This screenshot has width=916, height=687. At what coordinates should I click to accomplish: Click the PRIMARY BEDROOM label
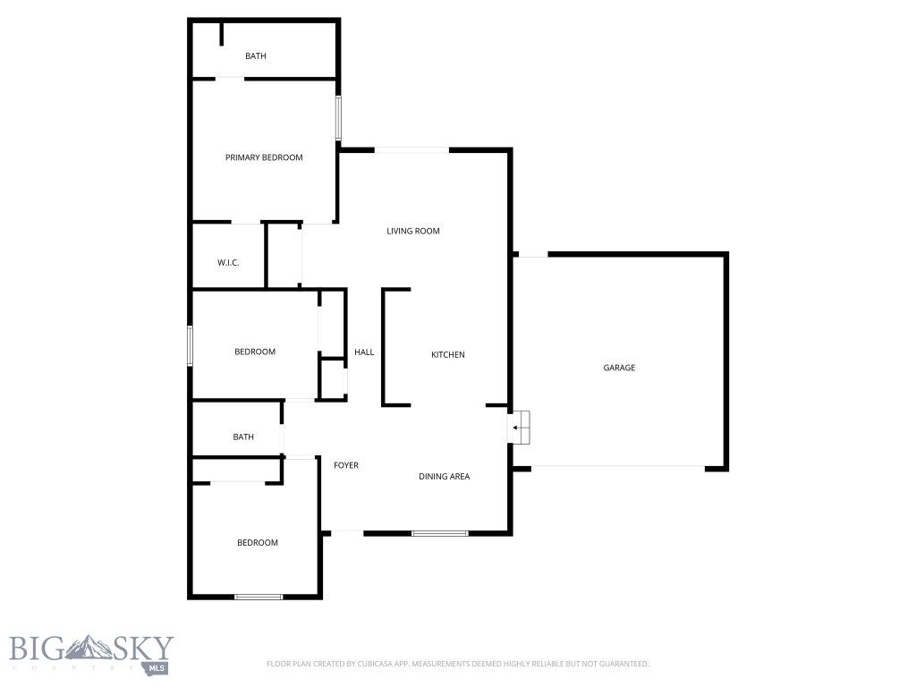(x=264, y=157)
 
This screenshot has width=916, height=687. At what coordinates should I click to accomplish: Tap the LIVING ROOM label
(x=413, y=231)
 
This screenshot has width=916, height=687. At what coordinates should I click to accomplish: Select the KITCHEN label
(x=448, y=355)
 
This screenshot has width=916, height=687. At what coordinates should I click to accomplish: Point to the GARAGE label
(x=619, y=368)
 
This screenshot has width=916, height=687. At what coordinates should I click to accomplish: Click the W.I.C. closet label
(x=228, y=263)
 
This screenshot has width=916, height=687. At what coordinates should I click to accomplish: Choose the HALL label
(x=364, y=352)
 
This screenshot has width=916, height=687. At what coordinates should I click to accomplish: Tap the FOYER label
(x=346, y=465)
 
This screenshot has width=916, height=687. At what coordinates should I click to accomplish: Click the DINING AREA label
(x=445, y=476)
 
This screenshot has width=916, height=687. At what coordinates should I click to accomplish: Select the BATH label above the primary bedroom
(x=256, y=56)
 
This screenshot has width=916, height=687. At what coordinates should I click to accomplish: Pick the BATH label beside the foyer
(x=243, y=437)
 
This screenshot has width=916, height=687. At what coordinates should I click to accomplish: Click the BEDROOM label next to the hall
(x=255, y=352)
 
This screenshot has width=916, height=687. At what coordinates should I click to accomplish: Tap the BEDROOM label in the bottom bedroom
(x=258, y=543)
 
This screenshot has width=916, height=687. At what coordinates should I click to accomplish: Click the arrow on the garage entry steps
(x=517, y=428)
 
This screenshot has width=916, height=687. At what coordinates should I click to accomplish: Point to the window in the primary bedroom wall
(x=338, y=118)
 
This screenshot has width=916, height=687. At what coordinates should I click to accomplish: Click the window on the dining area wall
(x=440, y=534)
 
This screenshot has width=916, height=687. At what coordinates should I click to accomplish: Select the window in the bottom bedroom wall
(x=259, y=597)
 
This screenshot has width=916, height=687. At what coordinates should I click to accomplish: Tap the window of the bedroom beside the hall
(x=190, y=345)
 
